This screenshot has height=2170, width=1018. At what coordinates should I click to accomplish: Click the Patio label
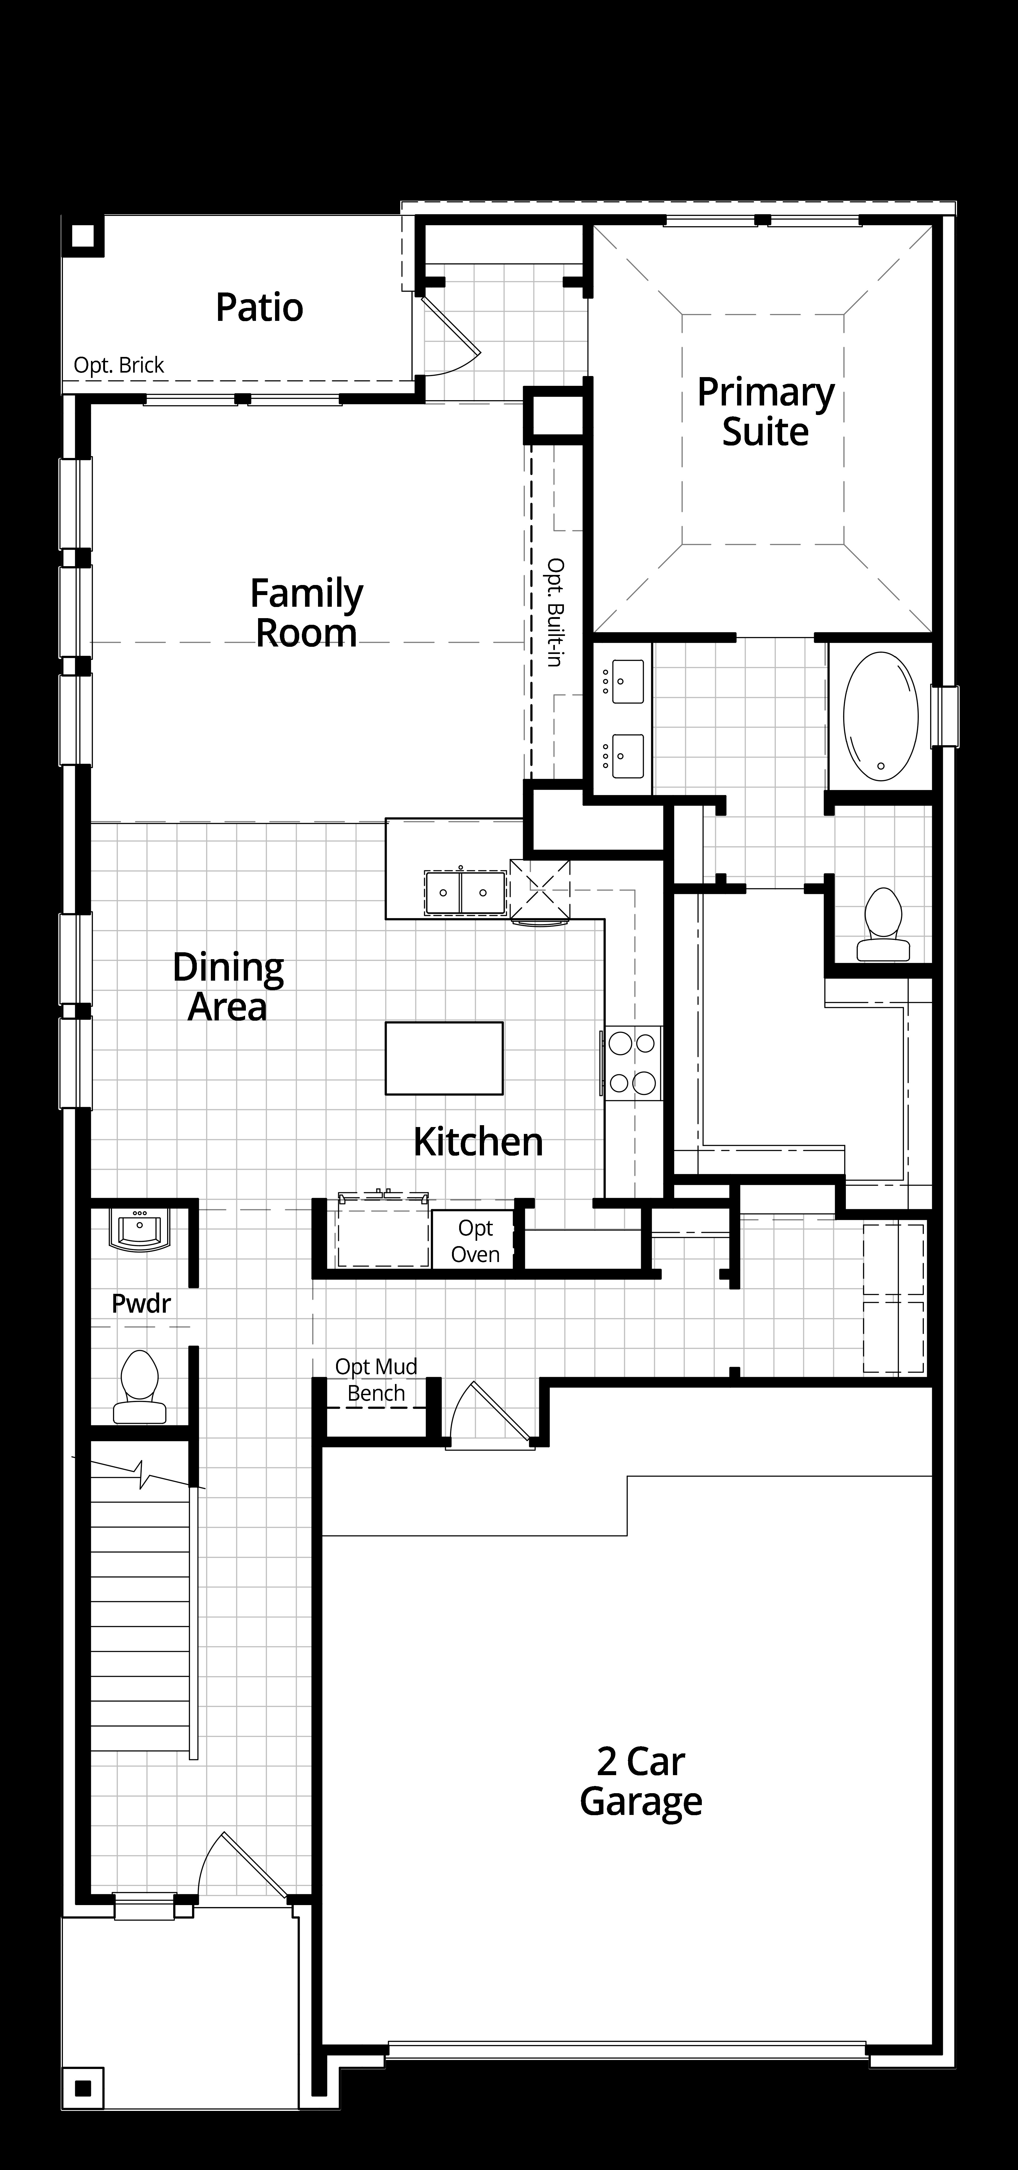pyautogui.click(x=260, y=307)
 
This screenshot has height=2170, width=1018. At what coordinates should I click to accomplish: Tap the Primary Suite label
pyautogui.click(x=765, y=412)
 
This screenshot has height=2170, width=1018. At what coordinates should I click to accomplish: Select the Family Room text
pyautogui.click(x=307, y=613)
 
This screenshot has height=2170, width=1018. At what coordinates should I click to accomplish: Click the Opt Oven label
pyautogui.click(x=475, y=1241)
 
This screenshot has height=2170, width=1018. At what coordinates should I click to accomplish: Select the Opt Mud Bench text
pyautogui.click(x=376, y=1380)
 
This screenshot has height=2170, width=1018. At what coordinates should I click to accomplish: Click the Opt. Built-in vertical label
pyautogui.click(x=555, y=612)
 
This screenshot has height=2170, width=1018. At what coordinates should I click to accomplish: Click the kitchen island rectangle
pyautogui.click(x=444, y=1058)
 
